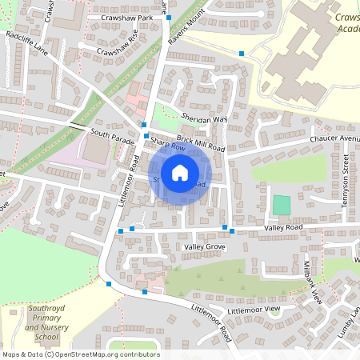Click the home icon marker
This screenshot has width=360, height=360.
[179, 173]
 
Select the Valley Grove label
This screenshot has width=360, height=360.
[204, 248]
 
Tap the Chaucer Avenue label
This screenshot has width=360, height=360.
[336, 138]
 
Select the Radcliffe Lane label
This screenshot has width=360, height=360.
[26, 42]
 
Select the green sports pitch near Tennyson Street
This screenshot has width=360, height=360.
[282, 204]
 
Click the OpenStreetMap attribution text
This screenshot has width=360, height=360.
[80, 354]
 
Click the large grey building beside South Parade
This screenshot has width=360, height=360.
[98, 152]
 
